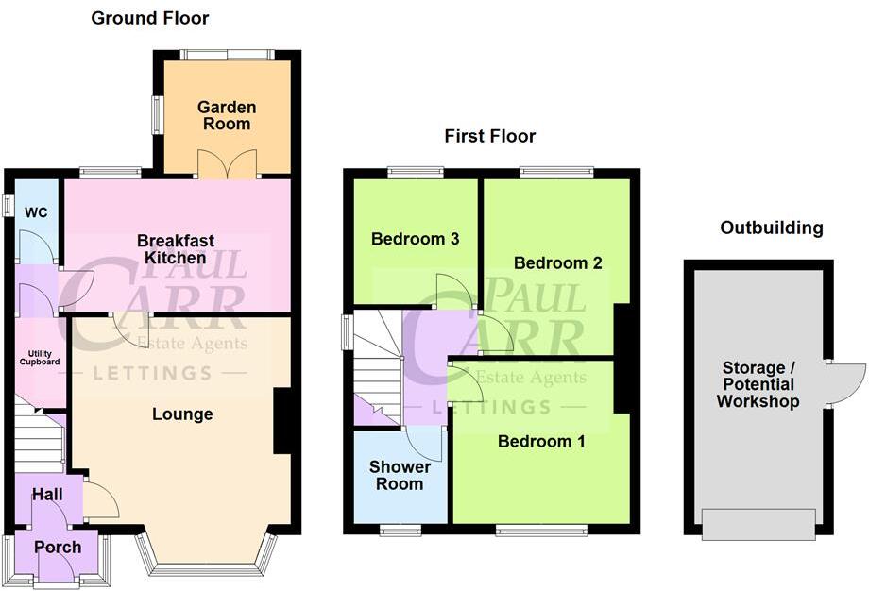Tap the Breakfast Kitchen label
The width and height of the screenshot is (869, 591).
170,248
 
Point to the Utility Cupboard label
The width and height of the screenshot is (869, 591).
42,357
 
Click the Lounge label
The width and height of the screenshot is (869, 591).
182,414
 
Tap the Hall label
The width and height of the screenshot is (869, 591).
47,494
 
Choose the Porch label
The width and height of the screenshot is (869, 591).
58,547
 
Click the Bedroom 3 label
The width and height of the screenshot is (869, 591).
415,239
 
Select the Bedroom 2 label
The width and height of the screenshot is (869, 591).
557,262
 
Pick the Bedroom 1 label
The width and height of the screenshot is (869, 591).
535,441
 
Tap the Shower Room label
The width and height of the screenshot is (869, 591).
400,475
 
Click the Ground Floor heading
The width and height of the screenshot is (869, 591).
150,18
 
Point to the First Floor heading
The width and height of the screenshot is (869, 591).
489,136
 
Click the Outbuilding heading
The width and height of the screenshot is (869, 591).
771,228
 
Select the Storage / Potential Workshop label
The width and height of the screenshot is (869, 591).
758,384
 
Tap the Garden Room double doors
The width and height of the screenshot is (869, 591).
227,162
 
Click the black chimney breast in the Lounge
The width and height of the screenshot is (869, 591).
281,421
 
